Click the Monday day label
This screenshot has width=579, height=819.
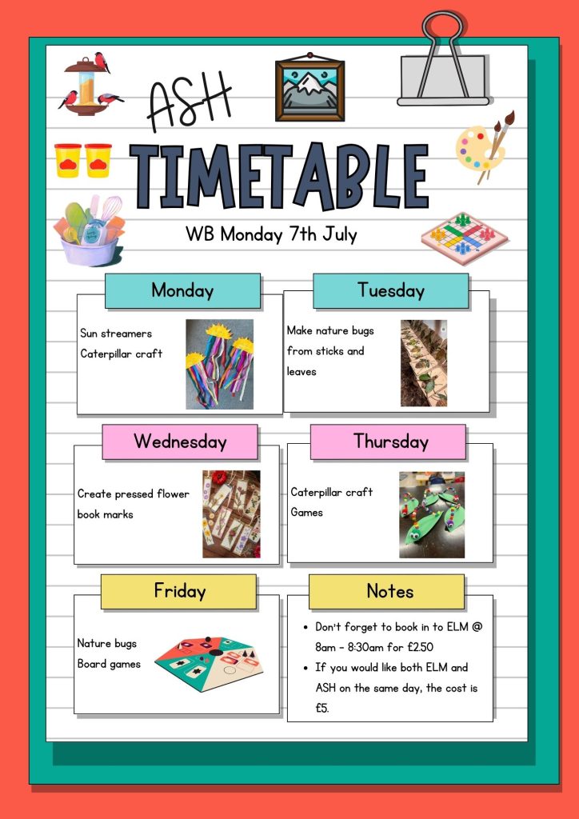coord(182,290)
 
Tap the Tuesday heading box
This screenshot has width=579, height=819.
coord(390,290)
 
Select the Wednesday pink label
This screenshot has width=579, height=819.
coord(180,441)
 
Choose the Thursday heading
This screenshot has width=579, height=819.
coord(388,441)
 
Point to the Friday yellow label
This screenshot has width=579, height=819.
coord(178,592)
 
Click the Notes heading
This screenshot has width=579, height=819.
coord(387,592)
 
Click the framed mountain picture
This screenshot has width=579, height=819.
coord(310,87)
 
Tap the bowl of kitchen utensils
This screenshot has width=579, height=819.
coord(90,230)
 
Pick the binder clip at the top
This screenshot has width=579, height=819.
coord(444,60)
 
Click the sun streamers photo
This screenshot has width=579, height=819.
coord(220,364)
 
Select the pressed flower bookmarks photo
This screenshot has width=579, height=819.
coord(231,514)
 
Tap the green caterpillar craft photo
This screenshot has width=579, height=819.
coord(432,515)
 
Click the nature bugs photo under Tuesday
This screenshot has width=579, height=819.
coord(424,363)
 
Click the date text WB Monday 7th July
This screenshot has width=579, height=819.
coord(271,234)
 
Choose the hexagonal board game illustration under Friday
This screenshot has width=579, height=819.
coord(209,664)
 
